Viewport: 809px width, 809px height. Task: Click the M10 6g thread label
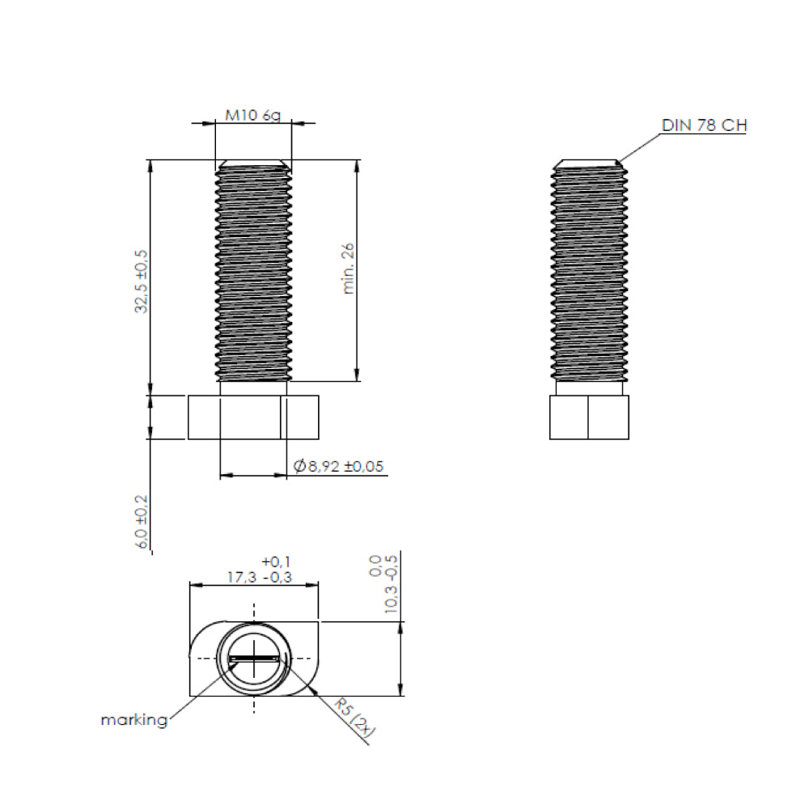tap(252, 115)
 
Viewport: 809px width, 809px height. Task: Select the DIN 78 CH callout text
tap(703, 125)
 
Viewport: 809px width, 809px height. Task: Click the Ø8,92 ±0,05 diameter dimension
tap(338, 466)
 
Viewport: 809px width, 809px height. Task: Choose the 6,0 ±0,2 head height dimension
tap(143, 523)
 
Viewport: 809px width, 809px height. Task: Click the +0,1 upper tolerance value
tap(276, 561)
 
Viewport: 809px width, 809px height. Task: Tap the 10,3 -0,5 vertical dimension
tap(392, 594)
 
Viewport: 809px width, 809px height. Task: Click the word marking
tap(134, 719)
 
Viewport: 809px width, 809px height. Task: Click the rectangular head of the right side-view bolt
tap(588, 417)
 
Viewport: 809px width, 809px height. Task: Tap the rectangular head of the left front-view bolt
tap(253, 417)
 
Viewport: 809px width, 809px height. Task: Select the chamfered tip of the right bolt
tap(588, 163)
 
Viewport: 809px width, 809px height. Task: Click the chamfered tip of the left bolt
tap(253, 163)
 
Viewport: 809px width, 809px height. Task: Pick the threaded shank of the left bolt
tap(253, 275)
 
